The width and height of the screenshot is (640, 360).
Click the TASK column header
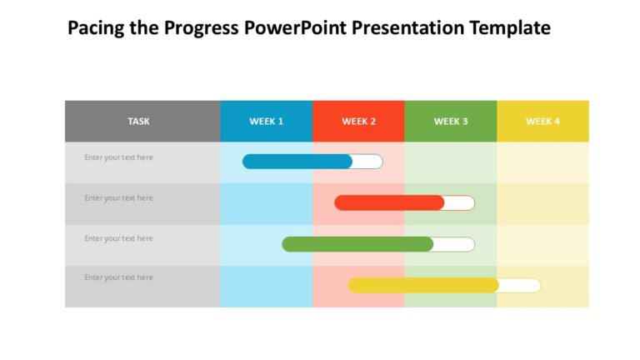[139, 122]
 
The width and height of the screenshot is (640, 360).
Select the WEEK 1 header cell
[267, 122]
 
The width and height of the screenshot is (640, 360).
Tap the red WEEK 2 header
[358, 122]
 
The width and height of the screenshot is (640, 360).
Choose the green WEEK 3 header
[451, 122]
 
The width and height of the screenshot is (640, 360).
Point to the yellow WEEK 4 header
[542, 122]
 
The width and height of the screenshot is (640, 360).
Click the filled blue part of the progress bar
[297, 162]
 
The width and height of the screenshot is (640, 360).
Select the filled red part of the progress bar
[389, 202]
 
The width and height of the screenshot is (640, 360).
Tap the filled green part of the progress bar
[357, 244]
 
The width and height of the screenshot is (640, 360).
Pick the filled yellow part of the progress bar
[423, 285]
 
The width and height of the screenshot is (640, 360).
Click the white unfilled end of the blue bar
[367, 162]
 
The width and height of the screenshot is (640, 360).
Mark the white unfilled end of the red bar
[459, 202]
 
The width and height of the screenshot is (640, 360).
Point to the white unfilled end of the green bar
[454, 244]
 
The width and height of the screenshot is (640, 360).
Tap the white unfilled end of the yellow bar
[519, 285]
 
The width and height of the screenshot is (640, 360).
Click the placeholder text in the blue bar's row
[118, 157]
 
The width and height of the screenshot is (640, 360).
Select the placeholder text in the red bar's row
[118, 198]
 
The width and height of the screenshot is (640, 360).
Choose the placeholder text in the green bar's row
[118, 238]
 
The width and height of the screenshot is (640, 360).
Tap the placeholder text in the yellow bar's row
[118, 277]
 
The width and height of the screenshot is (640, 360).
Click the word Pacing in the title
[94, 28]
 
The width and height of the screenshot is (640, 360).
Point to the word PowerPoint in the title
[295, 28]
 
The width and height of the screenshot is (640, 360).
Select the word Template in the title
[510, 28]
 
